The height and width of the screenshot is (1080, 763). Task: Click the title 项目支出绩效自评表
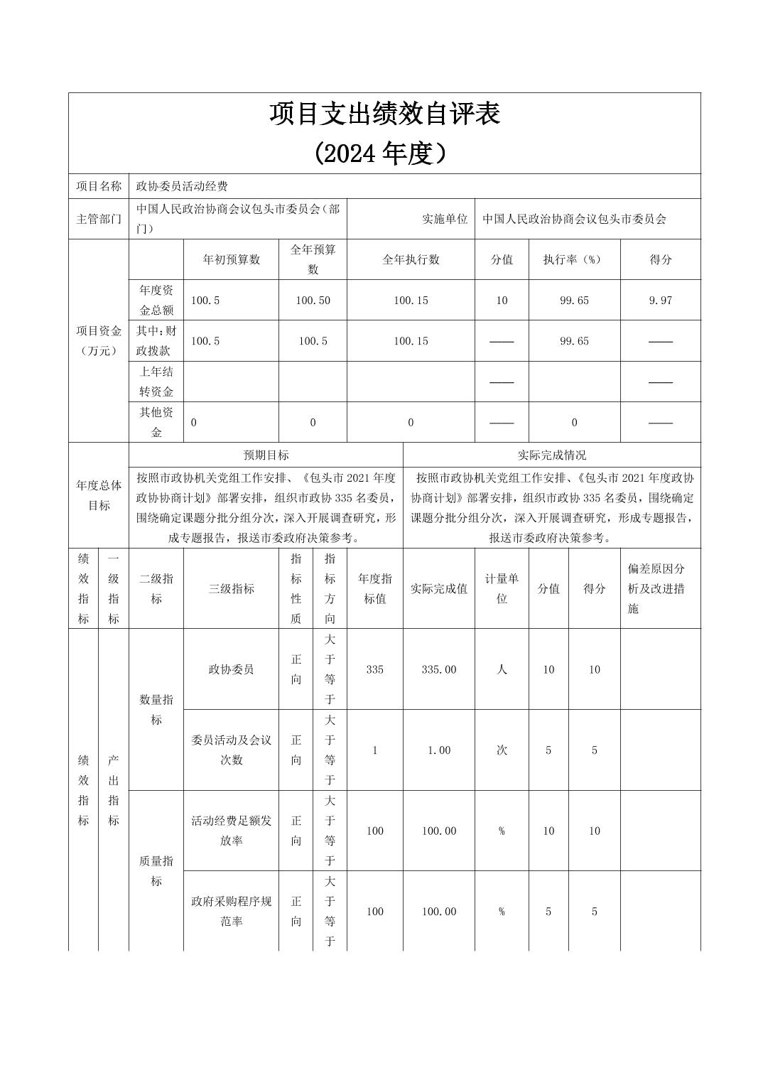pos(384,114)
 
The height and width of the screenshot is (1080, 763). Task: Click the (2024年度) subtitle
pos(384,153)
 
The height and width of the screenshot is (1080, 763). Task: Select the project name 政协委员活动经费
pos(182,186)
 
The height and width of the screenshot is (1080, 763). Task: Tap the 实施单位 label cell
pos(445,219)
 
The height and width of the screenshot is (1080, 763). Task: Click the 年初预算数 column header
pos(231,259)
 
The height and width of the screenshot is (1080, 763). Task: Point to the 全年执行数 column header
pos(411,259)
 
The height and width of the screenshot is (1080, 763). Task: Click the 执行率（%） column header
pos(573,259)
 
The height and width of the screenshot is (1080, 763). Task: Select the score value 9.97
pos(660,300)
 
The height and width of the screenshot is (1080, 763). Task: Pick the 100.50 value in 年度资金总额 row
pos(313,300)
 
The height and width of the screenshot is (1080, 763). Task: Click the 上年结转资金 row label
pos(156,382)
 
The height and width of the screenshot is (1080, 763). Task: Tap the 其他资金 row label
pos(156,422)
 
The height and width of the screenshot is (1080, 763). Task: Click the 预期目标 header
pos(266,455)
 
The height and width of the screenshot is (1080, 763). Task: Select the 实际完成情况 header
pos(551,455)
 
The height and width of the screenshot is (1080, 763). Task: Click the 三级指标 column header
pos(231,588)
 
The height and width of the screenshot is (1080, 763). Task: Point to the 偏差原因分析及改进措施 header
pos(656,588)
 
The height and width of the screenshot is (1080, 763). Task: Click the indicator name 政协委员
pos(231,669)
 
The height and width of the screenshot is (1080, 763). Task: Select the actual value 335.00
pos(438,669)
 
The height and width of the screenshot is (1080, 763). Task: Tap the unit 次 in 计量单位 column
pos(502,750)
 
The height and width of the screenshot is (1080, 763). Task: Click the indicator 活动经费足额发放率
pos(231,831)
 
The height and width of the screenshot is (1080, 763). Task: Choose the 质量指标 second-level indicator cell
pos(156,871)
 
